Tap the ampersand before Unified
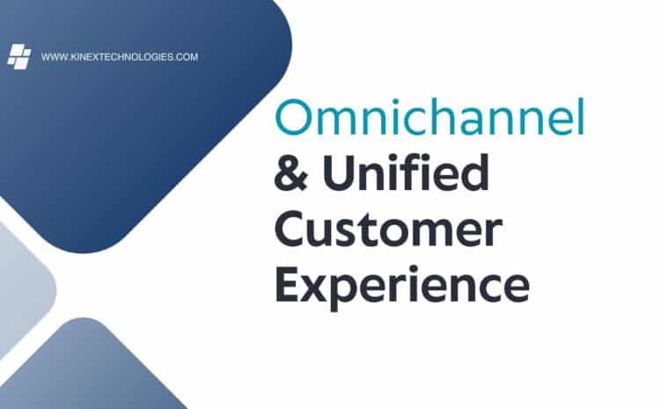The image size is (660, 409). (291, 172)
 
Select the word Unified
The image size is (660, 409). (406, 172)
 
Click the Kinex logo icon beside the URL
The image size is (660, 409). (19, 56)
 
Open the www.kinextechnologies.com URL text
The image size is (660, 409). (120, 57)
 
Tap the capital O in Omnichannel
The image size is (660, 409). (294, 117)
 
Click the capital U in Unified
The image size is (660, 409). (339, 173)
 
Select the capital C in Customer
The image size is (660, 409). (291, 229)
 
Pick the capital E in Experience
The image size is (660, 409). (288, 284)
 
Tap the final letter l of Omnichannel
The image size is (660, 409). (581, 116)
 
